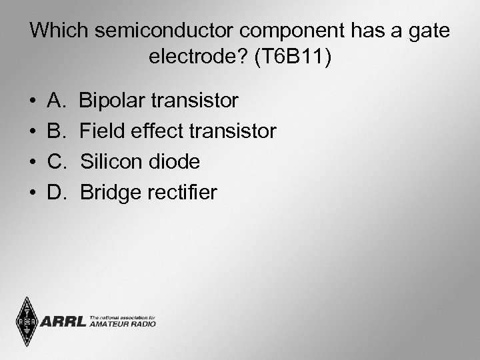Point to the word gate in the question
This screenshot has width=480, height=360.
click(428, 31)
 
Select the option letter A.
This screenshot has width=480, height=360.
click(55, 101)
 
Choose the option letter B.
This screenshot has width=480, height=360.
click(55, 131)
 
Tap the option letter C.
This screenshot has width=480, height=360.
click(56, 162)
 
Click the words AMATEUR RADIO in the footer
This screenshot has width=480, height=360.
click(123, 324)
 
